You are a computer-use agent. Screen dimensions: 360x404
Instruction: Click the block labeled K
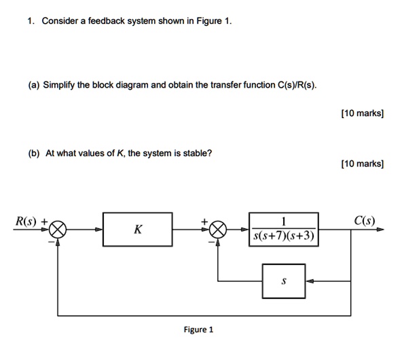click(x=137, y=230)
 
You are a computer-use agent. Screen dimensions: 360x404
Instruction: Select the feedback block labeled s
click(x=283, y=280)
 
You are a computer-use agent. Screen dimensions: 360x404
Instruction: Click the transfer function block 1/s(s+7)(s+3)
click(x=283, y=230)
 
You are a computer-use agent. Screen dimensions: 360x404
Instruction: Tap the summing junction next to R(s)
click(x=58, y=230)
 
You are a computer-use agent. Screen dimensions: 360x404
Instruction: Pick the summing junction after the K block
click(x=217, y=230)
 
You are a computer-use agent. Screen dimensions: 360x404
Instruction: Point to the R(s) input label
click(x=27, y=220)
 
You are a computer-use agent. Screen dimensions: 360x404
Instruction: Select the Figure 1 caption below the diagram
click(x=199, y=330)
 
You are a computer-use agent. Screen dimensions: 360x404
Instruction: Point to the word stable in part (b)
click(x=196, y=153)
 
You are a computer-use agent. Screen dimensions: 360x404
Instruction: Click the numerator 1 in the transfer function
click(x=283, y=220)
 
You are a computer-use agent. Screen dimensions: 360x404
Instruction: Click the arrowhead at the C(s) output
click(x=380, y=230)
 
